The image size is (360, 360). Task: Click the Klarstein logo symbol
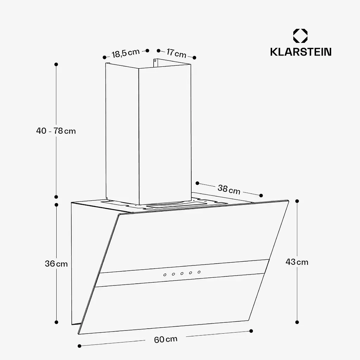click(300, 36)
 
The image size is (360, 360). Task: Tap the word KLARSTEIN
click(301, 52)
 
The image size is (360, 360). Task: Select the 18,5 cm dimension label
click(126, 53)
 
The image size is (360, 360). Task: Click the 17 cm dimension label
click(176, 53)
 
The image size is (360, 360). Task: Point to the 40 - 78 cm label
click(56, 131)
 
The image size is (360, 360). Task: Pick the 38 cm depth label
click(229, 189)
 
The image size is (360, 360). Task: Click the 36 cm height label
click(56, 264)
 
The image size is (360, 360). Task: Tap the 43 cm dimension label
click(297, 262)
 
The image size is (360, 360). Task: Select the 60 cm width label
click(166, 339)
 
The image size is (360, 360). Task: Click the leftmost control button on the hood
click(165, 275)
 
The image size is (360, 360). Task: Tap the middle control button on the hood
click(182, 274)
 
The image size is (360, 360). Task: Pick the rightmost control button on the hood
click(199, 272)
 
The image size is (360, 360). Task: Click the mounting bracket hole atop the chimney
click(155, 61)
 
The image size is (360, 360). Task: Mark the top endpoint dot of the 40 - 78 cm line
click(56, 64)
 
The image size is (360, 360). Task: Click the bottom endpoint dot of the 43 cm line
click(297, 322)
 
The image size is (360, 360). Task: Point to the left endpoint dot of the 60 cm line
click(79, 346)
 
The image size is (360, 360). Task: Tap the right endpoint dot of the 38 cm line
click(261, 195)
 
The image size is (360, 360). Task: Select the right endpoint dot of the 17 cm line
click(194, 58)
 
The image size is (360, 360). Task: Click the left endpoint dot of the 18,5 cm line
click(104, 57)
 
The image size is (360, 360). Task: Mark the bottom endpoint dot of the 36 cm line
click(56, 322)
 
